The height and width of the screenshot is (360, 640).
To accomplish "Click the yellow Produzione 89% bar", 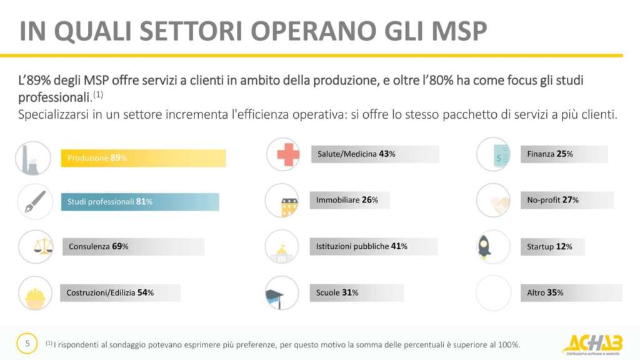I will coord(143,158).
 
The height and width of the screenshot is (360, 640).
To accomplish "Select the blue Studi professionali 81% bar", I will coord(140,202).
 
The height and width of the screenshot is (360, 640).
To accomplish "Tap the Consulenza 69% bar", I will coord(133,247).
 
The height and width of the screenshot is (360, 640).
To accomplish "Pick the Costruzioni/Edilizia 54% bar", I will coord(120,292).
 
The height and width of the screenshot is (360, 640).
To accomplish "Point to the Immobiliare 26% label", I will coord(344,201).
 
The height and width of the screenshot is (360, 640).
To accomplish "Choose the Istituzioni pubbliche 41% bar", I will coord(374,246).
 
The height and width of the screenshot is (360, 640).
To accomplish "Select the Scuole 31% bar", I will coord(356,292).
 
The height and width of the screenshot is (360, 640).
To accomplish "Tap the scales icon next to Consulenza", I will coord(36,247).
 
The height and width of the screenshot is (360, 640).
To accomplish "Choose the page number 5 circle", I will coord(27,343).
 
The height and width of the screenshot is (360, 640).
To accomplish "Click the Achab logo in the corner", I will coord(592,344).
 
